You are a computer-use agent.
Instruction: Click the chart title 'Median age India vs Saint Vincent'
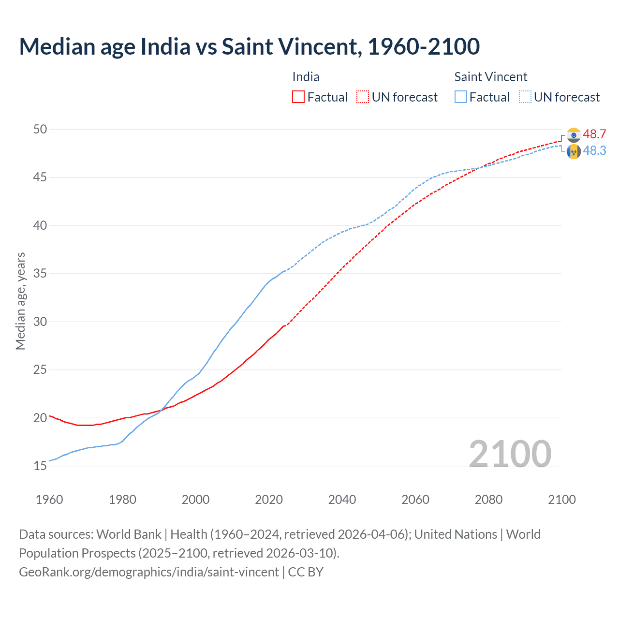click(249, 46)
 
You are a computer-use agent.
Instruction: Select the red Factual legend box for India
click(298, 97)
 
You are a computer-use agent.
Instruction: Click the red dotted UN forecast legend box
click(363, 97)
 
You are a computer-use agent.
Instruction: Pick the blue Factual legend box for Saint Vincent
click(461, 97)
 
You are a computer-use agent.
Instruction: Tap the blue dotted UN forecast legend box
click(525, 97)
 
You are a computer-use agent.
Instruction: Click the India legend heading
click(306, 77)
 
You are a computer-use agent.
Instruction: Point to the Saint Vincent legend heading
click(490, 77)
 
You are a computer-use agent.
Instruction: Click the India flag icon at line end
click(574, 135)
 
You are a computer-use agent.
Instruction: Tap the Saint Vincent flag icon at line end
click(574, 151)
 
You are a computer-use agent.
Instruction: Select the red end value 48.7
click(594, 134)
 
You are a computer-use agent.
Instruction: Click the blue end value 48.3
click(594, 151)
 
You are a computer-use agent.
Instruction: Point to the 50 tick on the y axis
click(40, 129)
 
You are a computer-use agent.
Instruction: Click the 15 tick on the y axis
click(40, 466)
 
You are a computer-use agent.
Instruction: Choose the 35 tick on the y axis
click(40, 274)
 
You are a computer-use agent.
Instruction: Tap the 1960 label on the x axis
click(49, 500)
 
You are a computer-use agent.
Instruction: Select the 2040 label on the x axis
click(342, 500)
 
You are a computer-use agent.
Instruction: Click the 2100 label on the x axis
click(561, 500)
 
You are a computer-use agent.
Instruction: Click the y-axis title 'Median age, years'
click(20, 301)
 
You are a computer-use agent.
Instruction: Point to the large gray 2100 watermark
click(510, 454)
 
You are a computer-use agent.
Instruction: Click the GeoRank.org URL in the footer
click(149, 572)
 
